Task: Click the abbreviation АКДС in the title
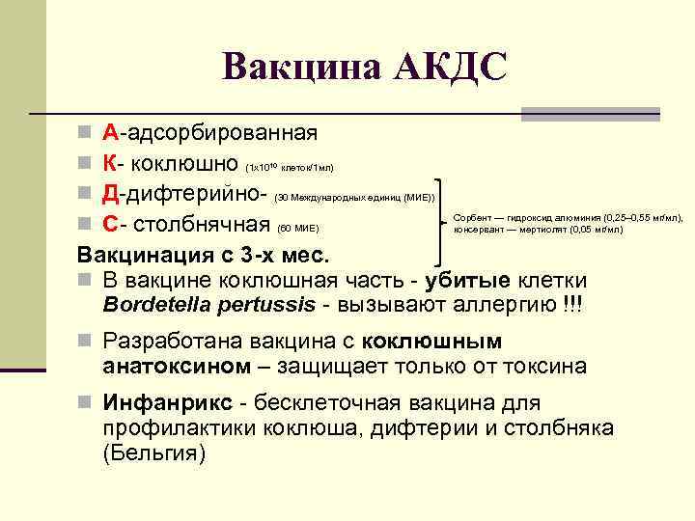coord(448,66)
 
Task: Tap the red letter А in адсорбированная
coord(111,132)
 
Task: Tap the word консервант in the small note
coord(476,230)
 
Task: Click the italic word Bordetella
coord(158,305)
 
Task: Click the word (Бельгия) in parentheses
coord(153,452)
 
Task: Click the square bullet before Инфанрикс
coord(86,403)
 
